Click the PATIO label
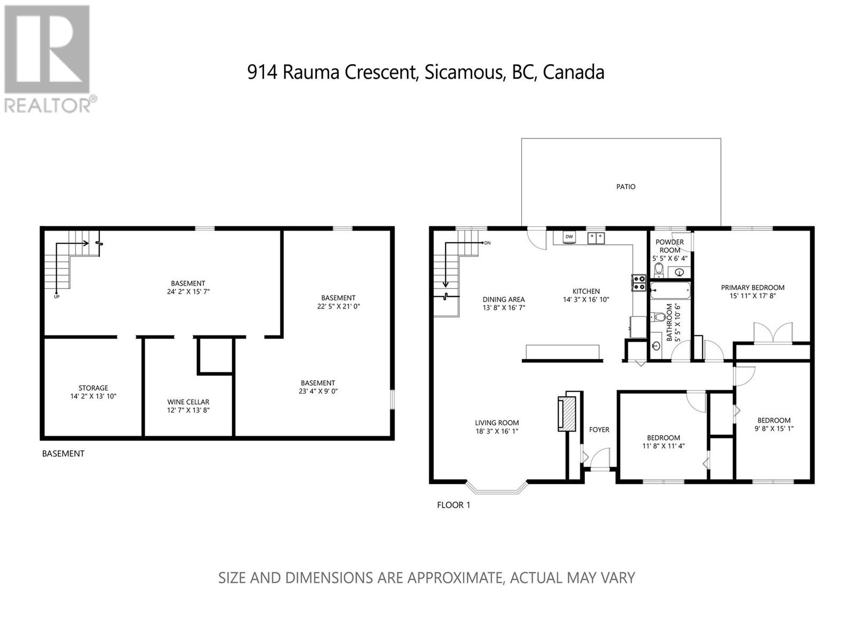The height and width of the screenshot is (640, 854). (x=625, y=187)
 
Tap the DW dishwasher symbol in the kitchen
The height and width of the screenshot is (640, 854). (x=569, y=237)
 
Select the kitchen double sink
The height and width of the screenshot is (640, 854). (x=596, y=238)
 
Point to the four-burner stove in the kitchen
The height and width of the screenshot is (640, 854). (x=638, y=283)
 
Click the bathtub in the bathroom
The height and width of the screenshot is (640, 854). (x=670, y=291)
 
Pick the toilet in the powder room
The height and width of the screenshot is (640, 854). (x=658, y=270)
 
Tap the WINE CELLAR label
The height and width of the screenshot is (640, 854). (x=188, y=402)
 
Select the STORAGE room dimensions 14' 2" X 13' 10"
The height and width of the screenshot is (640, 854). (x=93, y=396)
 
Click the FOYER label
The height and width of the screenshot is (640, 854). (x=599, y=429)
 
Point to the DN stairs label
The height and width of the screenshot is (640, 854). (x=487, y=243)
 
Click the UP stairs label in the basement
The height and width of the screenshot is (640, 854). (x=57, y=297)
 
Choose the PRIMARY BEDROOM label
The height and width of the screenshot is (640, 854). (x=753, y=287)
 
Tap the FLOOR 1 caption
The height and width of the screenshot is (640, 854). (x=454, y=505)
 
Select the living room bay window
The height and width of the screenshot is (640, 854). (x=496, y=488)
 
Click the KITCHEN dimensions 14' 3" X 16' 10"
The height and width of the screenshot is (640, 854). (x=586, y=300)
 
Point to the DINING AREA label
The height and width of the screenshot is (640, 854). (x=503, y=299)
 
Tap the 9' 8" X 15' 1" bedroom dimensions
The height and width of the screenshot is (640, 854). (x=774, y=429)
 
